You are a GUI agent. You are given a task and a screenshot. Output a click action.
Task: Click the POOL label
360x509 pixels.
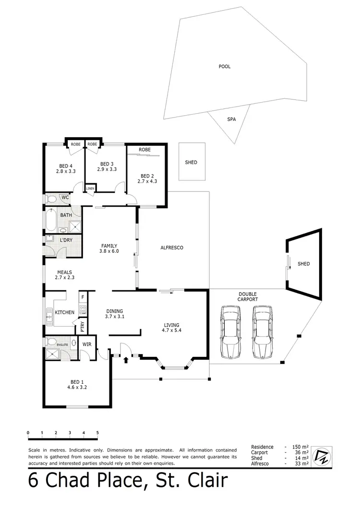coord(224,67)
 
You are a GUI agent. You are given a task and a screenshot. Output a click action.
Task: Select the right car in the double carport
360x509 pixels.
coord(262,332)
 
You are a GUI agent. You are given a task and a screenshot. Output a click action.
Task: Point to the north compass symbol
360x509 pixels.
coord(322,456)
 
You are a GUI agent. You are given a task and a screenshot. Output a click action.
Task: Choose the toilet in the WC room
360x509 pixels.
coord(51,198)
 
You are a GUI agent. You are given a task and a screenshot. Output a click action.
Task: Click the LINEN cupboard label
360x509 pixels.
coord(90,189)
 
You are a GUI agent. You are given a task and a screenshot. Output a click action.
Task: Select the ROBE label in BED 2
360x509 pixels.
coord(144,150)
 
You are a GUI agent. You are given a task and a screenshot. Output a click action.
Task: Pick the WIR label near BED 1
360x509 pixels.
coord(87,344)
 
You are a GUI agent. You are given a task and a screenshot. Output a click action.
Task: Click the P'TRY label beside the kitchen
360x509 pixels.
coord(83,326)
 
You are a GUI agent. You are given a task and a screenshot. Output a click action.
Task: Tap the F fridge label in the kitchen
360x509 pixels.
coord(82,297)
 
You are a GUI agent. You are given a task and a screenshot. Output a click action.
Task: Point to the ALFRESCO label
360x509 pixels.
coord(172,248)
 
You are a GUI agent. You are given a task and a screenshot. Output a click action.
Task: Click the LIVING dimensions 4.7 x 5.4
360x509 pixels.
coord(172,331)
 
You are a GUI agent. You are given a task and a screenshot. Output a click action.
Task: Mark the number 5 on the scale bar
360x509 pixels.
coord(97,433)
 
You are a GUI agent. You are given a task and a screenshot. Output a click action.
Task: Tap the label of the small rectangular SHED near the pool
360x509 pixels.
coord(191,163)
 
